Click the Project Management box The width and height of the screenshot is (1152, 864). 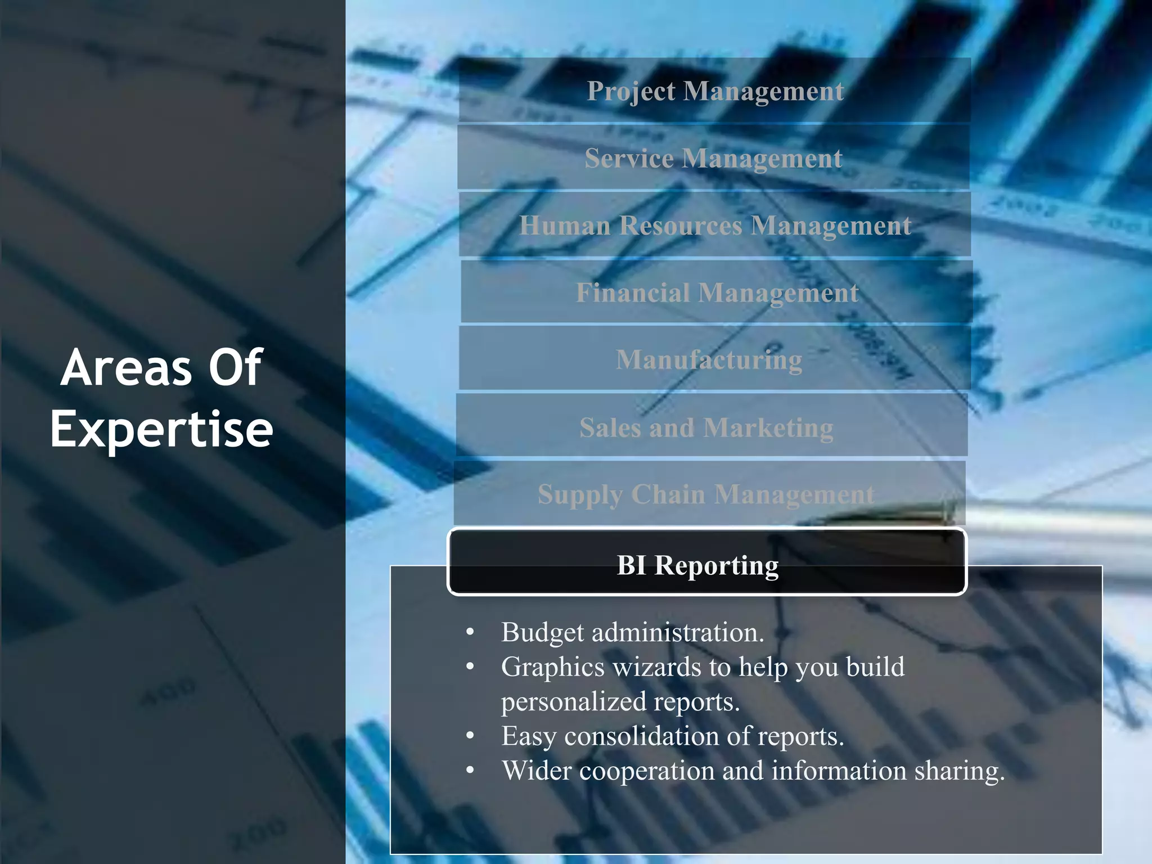(x=714, y=91)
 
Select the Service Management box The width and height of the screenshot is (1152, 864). (x=713, y=157)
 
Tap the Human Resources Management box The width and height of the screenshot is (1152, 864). (x=714, y=225)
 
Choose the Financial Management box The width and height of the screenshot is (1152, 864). (x=717, y=292)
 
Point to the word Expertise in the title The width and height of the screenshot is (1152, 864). (x=161, y=430)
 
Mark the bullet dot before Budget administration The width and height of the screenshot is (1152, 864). (x=470, y=633)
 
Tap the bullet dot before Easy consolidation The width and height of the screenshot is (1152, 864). (x=470, y=736)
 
